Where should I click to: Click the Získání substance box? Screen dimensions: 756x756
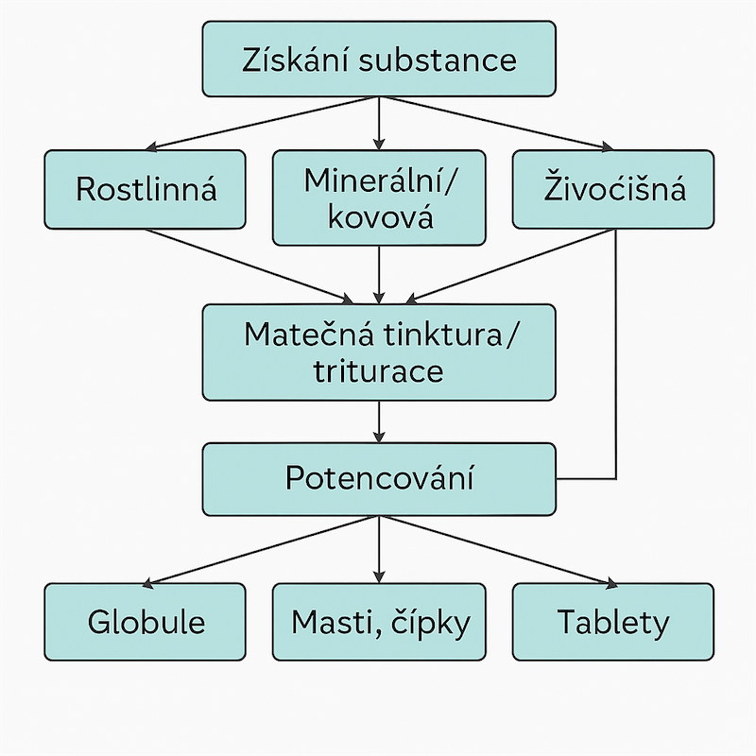[379, 59]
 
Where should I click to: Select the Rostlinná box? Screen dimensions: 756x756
[146, 190]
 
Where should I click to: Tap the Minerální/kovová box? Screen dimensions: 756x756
[379, 198]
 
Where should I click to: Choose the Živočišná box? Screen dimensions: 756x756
[613, 190]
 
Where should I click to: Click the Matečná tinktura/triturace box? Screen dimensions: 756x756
[379, 352]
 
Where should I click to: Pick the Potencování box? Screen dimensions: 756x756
[379, 479]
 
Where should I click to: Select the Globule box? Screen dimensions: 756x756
[146, 622]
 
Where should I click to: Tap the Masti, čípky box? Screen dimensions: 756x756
[379, 622]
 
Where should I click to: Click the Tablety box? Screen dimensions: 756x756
[613, 622]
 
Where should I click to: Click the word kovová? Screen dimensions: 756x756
[381, 217]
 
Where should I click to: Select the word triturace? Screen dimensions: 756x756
[379, 371]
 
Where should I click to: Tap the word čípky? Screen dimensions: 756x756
[430, 623]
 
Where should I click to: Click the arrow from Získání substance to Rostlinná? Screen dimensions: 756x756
[261, 124]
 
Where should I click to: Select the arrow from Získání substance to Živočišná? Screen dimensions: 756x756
[498, 124]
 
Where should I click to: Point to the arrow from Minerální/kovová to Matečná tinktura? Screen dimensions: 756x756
[379, 275]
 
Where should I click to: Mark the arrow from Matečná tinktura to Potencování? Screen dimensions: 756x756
[379, 421]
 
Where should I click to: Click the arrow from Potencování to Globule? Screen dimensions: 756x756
[259, 551]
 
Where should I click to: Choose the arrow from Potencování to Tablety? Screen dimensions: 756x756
[500, 551]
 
